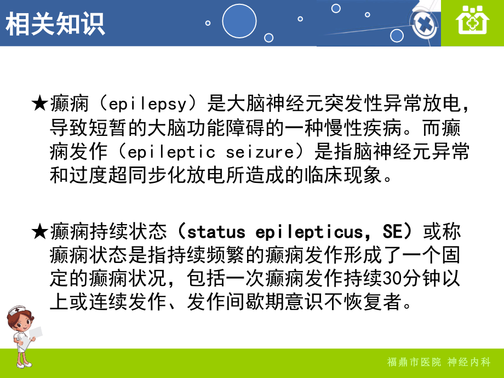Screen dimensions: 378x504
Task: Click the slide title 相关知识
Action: coord(55,24)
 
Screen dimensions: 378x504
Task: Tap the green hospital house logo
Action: coord(472,22)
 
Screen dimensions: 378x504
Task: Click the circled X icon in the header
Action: coord(421,24)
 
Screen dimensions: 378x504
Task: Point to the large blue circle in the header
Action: coord(239,21)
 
